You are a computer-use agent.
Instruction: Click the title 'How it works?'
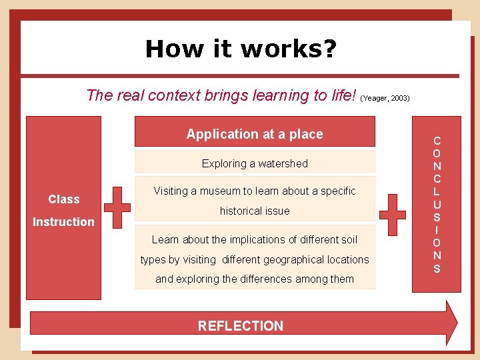point(241,48)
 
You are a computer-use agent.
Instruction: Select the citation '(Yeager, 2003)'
point(385,98)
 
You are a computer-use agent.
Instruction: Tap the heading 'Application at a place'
point(255,134)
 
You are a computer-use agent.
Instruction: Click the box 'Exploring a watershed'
point(255,163)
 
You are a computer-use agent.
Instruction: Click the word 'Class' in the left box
point(64,199)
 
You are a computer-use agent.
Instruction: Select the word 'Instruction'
point(64,221)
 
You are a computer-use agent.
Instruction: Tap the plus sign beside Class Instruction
point(117,207)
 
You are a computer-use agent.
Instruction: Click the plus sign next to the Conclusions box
point(392,215)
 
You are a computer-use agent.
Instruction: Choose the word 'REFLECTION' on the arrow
point(241,325)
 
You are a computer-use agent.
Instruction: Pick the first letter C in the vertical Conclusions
point(437,141)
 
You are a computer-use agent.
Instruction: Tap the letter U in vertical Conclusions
point(437,205)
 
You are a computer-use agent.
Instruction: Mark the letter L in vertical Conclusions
point(437,192)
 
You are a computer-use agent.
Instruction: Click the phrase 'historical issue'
point(255,211)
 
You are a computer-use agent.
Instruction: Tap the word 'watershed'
point(283,163)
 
